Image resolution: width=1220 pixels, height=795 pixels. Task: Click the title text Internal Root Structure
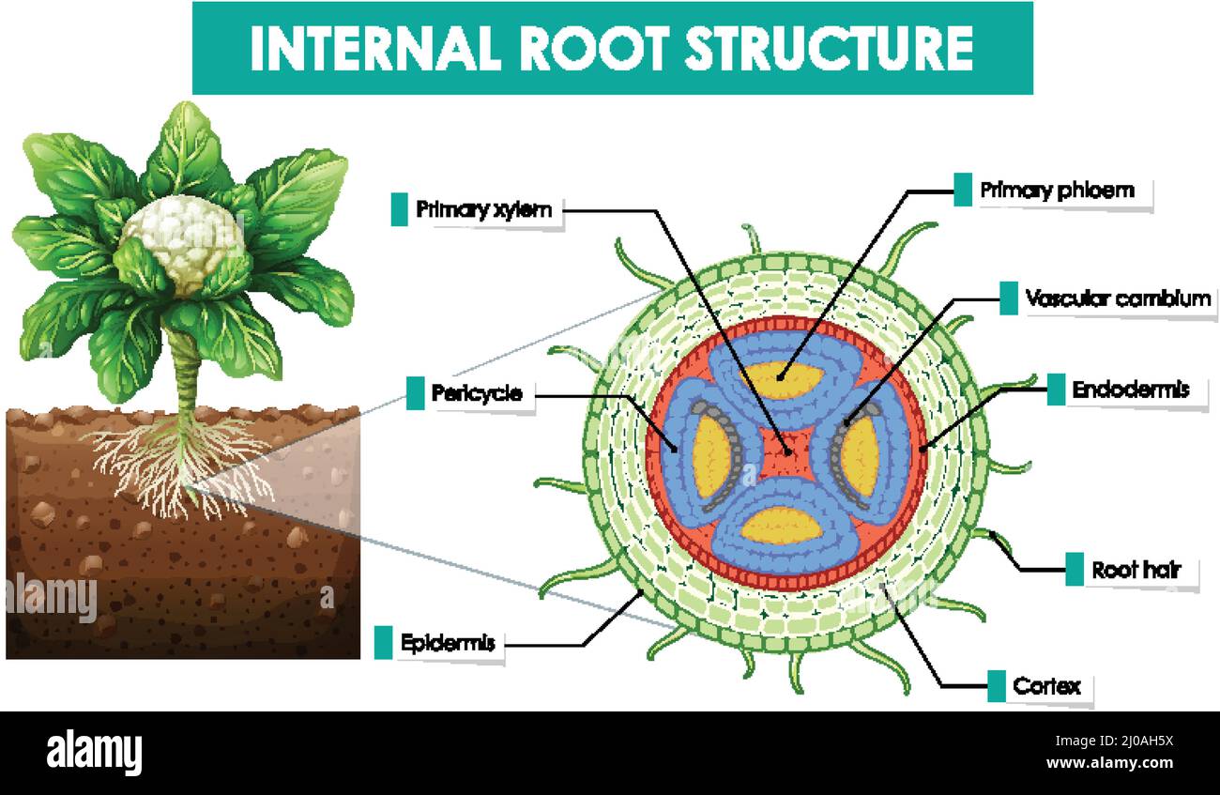click(611, 49)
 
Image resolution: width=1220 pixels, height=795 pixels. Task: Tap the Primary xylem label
click(483, 209)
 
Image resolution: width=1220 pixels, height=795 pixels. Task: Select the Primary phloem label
click(1057, 191)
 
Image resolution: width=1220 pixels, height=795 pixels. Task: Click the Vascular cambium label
click(1117, 299)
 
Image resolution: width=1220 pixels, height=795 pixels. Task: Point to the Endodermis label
click(1130, 390)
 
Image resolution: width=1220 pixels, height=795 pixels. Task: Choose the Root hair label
click(1136, 570)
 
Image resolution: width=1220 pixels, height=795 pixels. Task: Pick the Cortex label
click(1046, 686)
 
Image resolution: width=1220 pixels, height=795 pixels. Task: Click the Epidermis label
click(447, 644)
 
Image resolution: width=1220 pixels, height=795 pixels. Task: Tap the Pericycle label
click(476, 393)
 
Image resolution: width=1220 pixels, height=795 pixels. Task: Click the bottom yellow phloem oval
click(781, 525)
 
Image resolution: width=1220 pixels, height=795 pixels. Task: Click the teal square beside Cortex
click(997, 686)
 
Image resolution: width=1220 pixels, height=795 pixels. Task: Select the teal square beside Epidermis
click(383, 643)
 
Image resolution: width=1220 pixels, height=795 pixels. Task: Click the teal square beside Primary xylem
click(399, 209)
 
